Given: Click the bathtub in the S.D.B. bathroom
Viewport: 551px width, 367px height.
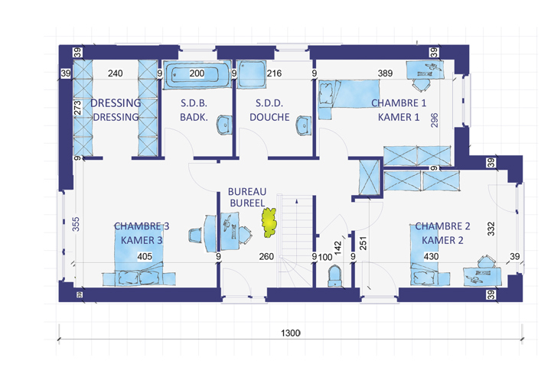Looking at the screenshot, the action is [x=197, y=74].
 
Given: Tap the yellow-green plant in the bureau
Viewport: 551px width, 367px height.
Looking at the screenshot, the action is [x=269, y=222].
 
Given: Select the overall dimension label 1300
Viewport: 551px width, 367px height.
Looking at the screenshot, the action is [x=291, y=333].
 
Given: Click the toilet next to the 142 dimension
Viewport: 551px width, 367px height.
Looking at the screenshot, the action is [x=334, y=276].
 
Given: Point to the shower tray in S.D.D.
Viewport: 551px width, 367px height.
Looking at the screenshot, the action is [x=251, y=74].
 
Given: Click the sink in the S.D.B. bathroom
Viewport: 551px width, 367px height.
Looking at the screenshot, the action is [x=224, y=125].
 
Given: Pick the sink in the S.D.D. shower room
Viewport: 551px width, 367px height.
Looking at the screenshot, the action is [x=304, y=125].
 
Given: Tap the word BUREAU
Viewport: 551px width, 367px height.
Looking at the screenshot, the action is [x=247, y=192].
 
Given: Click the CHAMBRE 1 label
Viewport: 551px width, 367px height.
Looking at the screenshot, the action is [x=399, y=103].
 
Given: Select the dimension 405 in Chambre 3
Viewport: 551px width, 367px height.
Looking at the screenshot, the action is [x=145, y=256].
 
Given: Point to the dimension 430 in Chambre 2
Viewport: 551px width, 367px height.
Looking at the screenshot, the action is [x=431, y=256].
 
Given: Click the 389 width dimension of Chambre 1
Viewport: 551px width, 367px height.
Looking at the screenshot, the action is [x=385, y=73].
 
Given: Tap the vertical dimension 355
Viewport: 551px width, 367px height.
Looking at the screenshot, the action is [x=76, y=224].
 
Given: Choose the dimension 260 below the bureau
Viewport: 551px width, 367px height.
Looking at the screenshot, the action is [x=266, y=256].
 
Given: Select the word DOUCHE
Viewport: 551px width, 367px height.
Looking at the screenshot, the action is [x=269, y=117].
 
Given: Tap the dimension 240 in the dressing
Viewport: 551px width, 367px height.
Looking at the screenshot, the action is [x=116, y=73].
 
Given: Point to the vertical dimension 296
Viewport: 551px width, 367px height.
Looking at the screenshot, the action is [x=435, y=120].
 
